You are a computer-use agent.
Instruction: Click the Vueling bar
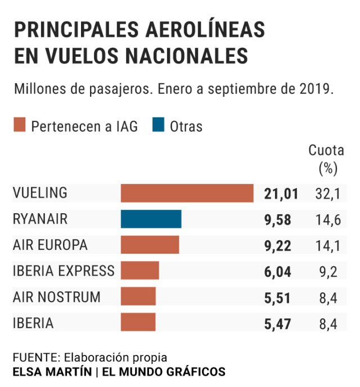187,193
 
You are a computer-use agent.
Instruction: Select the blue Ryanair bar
151,219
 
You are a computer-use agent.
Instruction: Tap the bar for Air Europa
150,245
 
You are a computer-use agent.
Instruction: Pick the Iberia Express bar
139,271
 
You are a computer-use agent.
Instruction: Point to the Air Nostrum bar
138,296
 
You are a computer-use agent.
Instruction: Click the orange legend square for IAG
20,125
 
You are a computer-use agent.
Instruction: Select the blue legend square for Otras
158,125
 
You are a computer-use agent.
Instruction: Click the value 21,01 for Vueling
281,194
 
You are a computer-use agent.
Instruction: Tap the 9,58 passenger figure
278,220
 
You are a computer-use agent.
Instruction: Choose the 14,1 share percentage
327,246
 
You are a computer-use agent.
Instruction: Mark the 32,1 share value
327,194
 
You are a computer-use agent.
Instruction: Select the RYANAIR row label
40,219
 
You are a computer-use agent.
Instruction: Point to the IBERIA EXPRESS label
63,271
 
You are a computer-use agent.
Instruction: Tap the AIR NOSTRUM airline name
56,296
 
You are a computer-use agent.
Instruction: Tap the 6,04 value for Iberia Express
278,272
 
